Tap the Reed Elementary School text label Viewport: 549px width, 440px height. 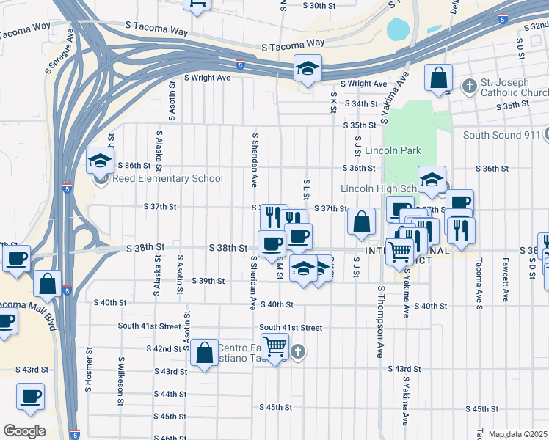(x=167, y=178)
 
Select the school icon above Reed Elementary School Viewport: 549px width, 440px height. (x=100, y=161)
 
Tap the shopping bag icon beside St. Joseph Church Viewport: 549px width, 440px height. (x=438, y=77)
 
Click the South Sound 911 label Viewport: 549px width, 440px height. (x=501, y=135)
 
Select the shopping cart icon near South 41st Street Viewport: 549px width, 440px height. (x=275, y=345)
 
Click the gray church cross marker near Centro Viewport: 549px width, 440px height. (x=297, y=352)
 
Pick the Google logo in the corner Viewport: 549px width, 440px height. (x=24, y=431)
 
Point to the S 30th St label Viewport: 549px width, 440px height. (x=308, y=5)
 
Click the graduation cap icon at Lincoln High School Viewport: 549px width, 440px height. (x=432, y=179)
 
